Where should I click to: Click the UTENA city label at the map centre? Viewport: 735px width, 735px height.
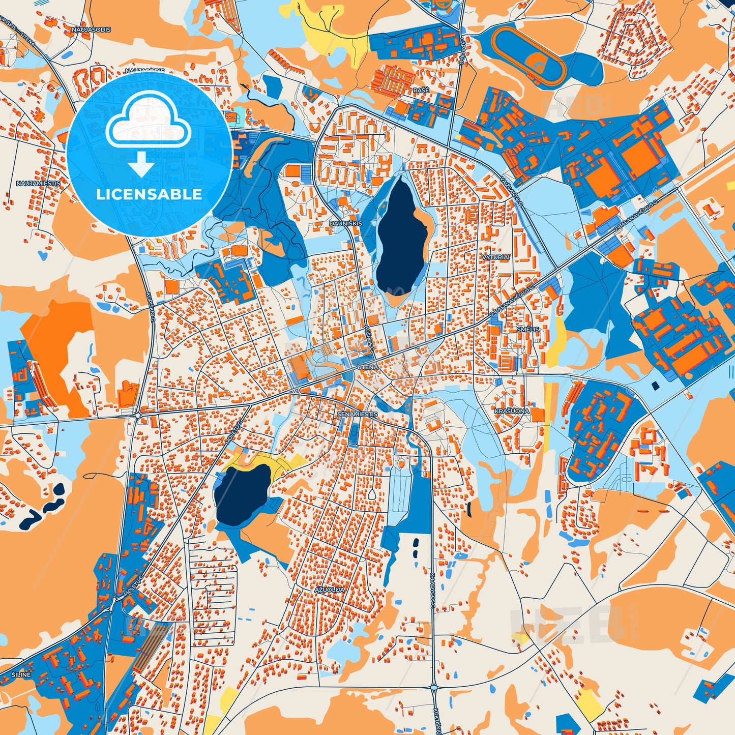[367, 367]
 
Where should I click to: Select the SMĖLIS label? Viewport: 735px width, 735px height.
[527, 330]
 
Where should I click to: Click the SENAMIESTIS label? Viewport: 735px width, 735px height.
[357, 415]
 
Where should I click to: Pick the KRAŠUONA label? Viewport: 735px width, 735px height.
[512, 410]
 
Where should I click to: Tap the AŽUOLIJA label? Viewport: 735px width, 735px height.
[329, 590]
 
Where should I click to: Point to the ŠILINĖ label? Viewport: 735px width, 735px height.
[21, 674]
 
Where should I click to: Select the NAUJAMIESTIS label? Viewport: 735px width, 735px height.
[38, 183]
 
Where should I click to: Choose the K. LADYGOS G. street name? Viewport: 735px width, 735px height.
[433, 592]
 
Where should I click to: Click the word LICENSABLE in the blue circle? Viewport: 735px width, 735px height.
[149, 194]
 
